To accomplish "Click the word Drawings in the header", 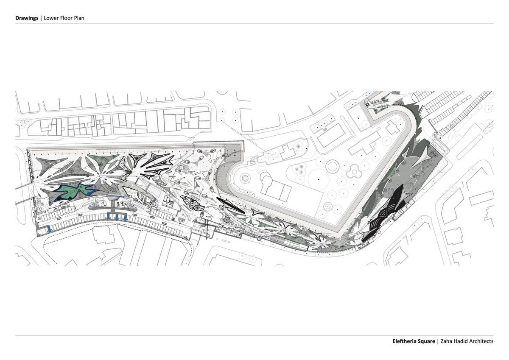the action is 27,18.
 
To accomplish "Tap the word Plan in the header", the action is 79,18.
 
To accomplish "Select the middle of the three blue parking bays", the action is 117,216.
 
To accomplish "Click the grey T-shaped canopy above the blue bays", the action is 113,206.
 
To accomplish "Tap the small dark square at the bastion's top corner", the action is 368,104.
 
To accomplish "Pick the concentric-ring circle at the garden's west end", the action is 245,178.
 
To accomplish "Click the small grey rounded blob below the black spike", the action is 227,219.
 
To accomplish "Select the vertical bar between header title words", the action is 41,18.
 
